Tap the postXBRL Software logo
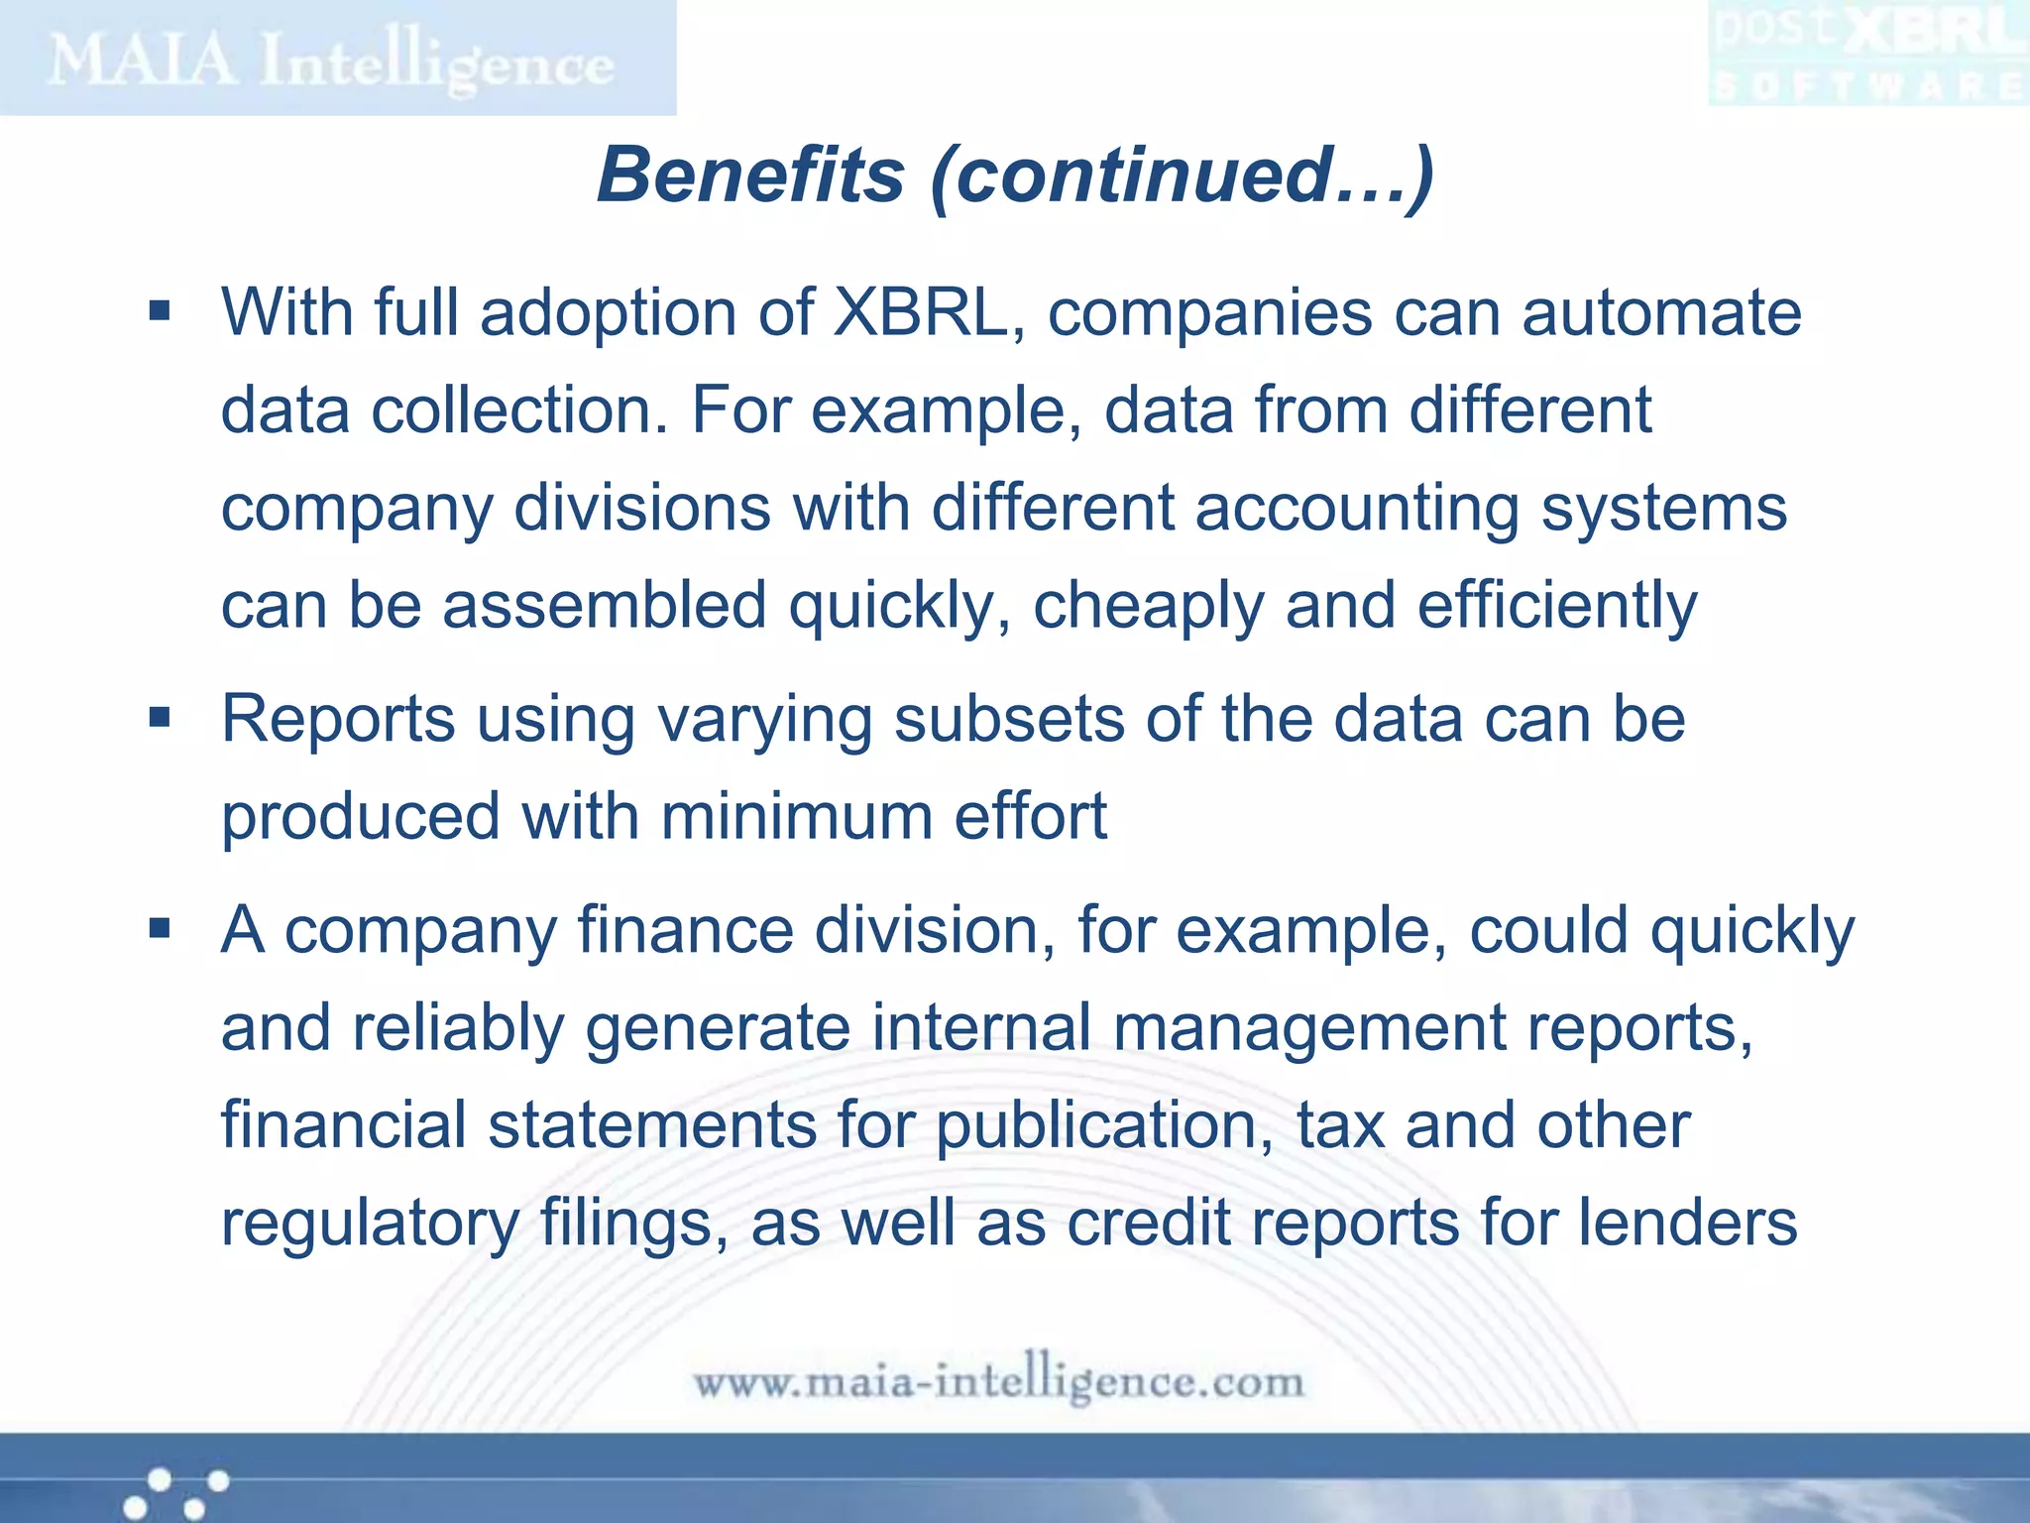point(1867,55)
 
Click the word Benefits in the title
point(750,176)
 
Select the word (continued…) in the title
point(1182,176)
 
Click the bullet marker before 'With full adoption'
point(160,312)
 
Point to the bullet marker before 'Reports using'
point(160,717)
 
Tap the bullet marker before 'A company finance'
point(160,929)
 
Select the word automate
point(1661,312)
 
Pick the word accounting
point(1356,508)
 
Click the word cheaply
point(1148,606)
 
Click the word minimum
point(796,816)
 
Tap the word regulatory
point(370,1224)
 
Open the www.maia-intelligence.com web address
point(998,1381)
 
